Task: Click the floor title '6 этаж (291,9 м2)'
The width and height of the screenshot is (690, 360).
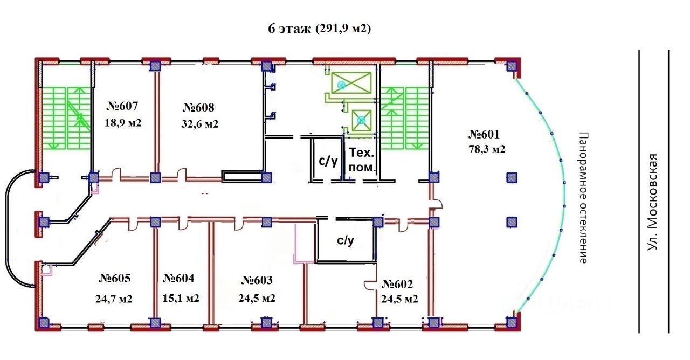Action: pyautogui.click(x=320, y=29)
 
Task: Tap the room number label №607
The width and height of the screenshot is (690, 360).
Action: pyautogui.click(x=122, y=106)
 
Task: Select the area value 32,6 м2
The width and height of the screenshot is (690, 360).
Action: pyautogui.click(x=200, y=124)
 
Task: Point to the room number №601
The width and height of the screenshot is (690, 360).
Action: pyautogui.click(x=484, y=134)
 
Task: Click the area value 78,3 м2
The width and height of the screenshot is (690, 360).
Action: pyautogui.click(x=487, y=149)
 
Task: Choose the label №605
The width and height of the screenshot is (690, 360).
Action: pyautogui.click(x=115, y=278)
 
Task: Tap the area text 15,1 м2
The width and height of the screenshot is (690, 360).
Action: pyautogui.click(x=181, y=298)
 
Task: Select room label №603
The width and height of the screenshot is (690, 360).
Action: pyautogui.click(x=257, y=280)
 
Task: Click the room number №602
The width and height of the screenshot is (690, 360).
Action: pyautogui.click(x=397, y=284)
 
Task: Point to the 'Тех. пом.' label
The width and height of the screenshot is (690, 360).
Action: pyautogui.click(x=362, y=160)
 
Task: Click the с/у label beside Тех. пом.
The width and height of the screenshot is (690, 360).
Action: pyautogui.click(x=328, y=161)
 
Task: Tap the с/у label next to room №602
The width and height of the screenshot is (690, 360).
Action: pyautogui.click(x=346, y=240)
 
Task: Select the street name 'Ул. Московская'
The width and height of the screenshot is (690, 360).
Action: pyautogui.click(x=652, y=202)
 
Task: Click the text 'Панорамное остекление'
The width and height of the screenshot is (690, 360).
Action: pyautogui.click(x=583, y=198)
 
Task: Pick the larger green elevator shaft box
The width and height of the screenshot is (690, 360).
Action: pyautogui.click(x=351, y=82)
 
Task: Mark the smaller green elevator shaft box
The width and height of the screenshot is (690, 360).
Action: pyautogui.click(x=362, y=120)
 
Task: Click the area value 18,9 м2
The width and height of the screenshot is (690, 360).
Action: pyautogui.click(x=123, y=123)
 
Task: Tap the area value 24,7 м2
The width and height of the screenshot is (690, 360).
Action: pyautogui.click(x=114, y=299)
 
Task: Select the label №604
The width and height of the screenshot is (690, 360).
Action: pyautogui.click(x=178, y=278)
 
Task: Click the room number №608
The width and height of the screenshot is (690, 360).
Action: pyautogui.click(x=198, y=107)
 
